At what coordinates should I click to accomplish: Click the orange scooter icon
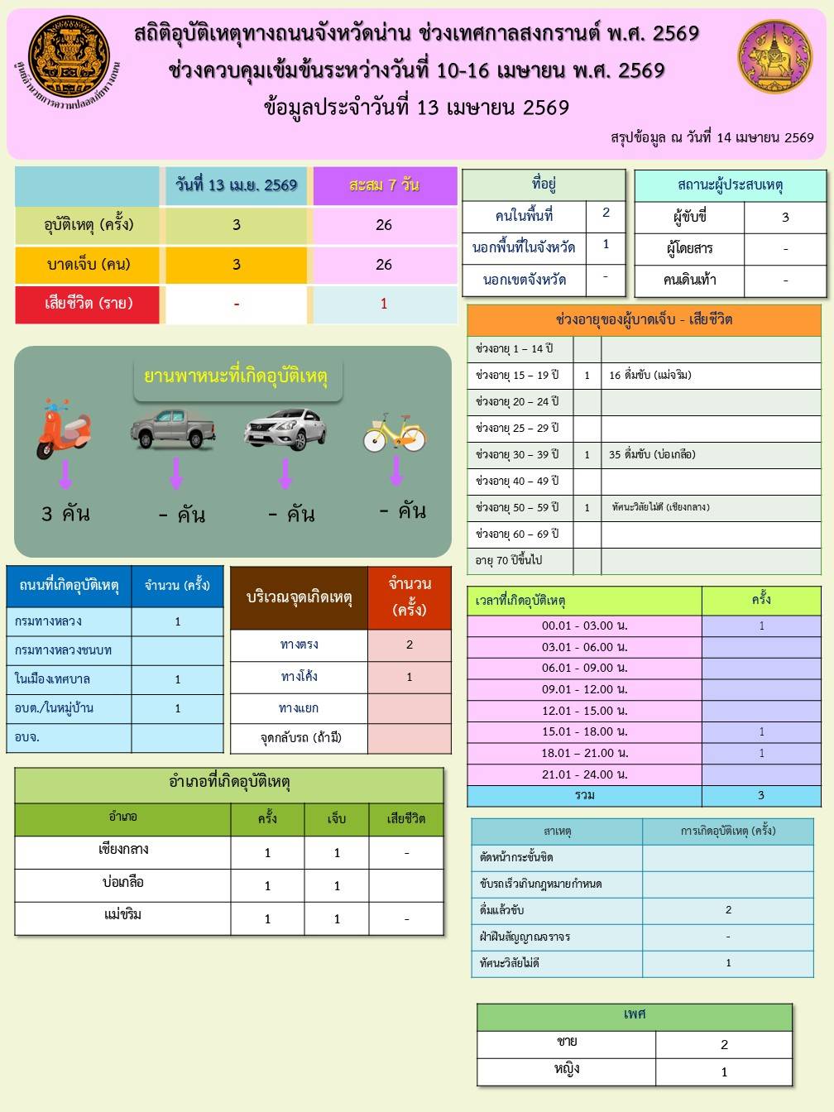point(63,429)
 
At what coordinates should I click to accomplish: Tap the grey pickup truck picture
point(173,428)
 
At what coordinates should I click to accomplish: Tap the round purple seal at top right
point(775,57)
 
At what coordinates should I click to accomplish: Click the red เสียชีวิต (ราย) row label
point(89,304)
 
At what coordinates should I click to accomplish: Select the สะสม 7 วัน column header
point(384,185)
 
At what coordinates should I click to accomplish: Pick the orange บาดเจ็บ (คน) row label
point(89,265)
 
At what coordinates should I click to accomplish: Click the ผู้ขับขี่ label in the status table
point(689,218)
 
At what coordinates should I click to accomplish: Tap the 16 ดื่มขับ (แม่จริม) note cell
point(649,375)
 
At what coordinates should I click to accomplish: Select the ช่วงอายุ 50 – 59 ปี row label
point(518,507)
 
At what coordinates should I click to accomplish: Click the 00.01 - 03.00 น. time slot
point(584,626)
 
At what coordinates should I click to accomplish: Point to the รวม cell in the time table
point(584,796)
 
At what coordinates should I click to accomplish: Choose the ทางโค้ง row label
point(299,677)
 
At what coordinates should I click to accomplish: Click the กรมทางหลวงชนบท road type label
point(63,650)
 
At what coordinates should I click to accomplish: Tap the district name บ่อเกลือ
point(122,884)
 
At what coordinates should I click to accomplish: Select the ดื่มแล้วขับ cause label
point(502,910)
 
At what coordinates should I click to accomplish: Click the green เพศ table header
point(635,1015)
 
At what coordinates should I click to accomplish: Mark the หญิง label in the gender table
point(567,1070)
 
